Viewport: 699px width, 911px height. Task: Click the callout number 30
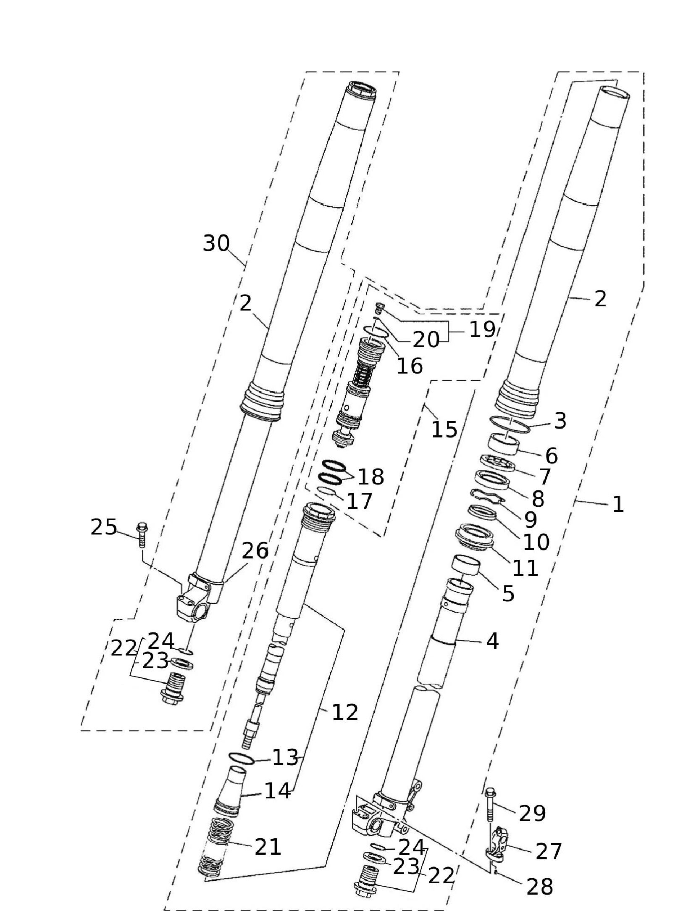tap(216, 243)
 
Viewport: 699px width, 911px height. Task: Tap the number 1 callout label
tap(618, 504)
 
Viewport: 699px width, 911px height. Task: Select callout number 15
tap(444, 429)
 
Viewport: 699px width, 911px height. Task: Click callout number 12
tap(345, 712)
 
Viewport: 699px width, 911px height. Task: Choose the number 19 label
tap(482, 329)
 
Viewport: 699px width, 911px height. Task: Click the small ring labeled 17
tap(326, 490)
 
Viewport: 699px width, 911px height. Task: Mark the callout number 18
tap(371, 477)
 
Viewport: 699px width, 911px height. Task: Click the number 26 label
tap(255, 550)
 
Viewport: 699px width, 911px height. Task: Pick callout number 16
tap(410, 366)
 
